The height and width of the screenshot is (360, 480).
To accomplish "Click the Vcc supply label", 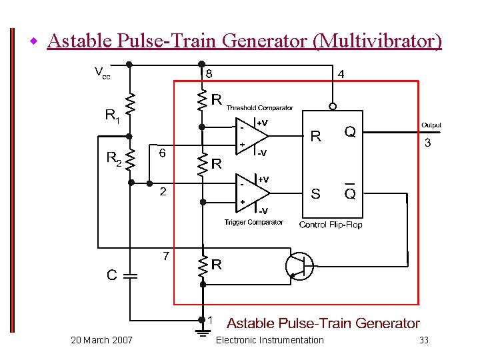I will (x=102, y=72).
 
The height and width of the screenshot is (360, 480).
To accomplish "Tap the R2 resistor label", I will (x=114, y=159).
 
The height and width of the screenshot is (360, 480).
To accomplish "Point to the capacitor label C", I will (x=112, y=275).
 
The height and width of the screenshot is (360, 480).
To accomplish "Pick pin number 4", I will (x=341, y=75).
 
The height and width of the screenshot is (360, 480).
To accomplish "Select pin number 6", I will (x=161, y=153).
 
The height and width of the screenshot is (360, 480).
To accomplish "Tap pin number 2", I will (x=163, y=193).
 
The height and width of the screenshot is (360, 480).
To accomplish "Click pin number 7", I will (x=167, y=256).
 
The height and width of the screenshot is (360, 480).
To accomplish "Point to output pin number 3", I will (x=427, y=143).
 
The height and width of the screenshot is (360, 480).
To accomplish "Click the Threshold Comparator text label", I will (x=259, y=107).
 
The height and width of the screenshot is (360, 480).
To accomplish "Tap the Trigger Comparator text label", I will (x=253, y=222).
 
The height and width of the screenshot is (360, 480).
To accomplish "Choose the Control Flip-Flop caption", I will (x=331, y=225).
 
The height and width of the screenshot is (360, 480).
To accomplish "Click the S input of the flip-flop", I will (x=315, y=194).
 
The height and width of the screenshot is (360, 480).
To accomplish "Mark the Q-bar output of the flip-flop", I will (x=349, y=193).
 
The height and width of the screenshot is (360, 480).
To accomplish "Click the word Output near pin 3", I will (x=431, y=125).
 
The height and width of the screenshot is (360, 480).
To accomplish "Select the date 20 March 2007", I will (x=101, y=341).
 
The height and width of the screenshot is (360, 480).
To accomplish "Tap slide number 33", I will (x=423, y=341).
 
